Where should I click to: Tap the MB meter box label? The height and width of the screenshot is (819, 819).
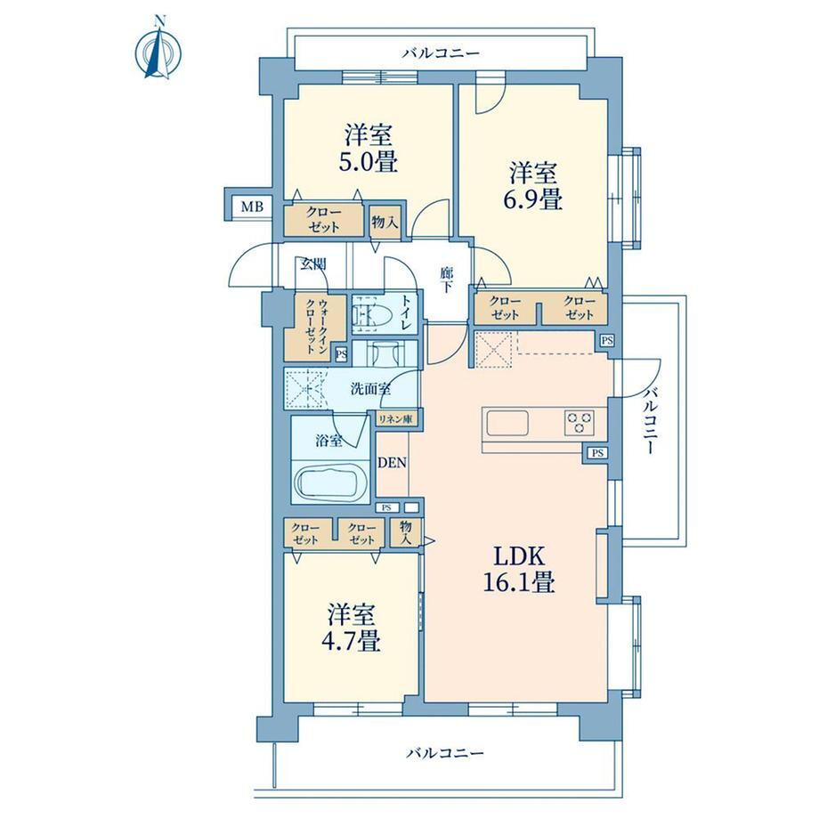[x=252, y=207]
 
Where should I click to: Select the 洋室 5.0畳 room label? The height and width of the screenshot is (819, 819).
[x=369, y=149]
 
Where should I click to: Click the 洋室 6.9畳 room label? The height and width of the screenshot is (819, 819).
[x=532, y=186]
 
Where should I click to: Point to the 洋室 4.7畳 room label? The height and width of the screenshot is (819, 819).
[x=351, y=628]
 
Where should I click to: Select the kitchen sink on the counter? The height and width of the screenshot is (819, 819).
[x=507, y=423]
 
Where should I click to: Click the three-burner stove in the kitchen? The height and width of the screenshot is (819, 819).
[x=580, y=423]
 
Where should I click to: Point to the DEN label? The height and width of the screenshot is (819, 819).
[x=393, y=462]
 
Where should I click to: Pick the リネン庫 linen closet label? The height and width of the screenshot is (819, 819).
[x=395, y=419]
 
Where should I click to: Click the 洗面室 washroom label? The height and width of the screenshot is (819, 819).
[x=371, y=389]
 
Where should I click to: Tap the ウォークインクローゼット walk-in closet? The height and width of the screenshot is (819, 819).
[x=316, y=326]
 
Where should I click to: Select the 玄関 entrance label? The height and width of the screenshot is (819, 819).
[x=312, y=264]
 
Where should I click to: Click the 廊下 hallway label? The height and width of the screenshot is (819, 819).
[x=446, y=280]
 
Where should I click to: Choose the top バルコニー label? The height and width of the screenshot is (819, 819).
[x=441, y=53]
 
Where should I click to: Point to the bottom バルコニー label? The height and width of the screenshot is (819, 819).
[x=445, y=753]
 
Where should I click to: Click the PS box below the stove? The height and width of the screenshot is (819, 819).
[x=597, y=453]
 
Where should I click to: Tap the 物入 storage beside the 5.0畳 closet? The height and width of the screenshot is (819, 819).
[x=385, y=223]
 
